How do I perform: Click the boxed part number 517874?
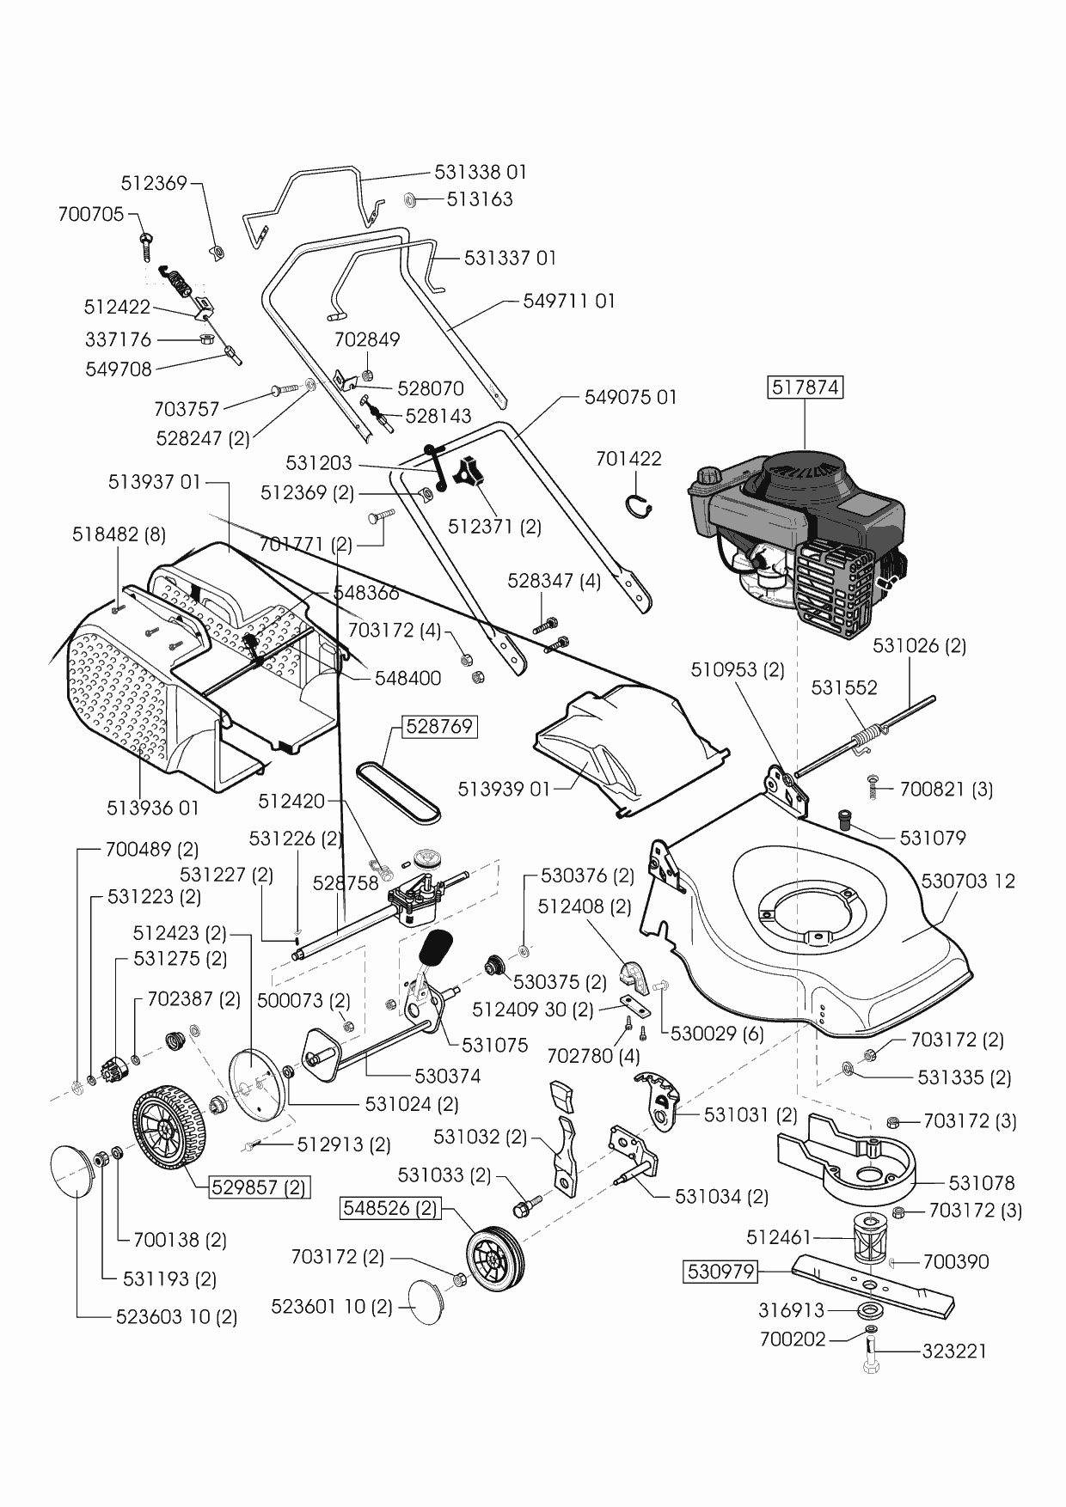(x=805, y=387)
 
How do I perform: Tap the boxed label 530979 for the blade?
(x=720, y=1271)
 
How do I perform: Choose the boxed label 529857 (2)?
(x=259, y=1188)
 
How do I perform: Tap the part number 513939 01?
(x=503, y=789)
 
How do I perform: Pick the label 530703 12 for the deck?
(x=967, y=881)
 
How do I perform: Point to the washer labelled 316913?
(x=870, y=1311)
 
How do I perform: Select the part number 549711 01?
(x=569, y=302)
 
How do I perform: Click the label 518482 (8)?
(x=119, y=534)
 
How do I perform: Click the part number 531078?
(x=969, y=1183)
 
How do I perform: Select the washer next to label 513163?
(x=410, y=200)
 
